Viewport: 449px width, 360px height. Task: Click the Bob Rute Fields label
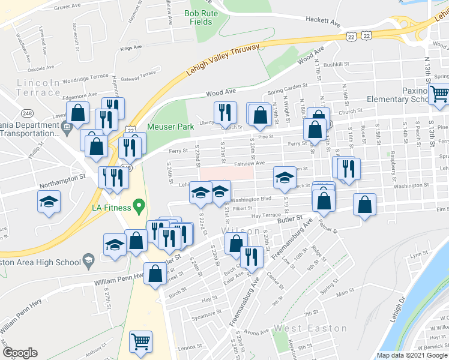(198, 17)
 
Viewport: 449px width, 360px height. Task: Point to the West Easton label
(310, 328)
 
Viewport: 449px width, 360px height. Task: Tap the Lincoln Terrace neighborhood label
(39, 87)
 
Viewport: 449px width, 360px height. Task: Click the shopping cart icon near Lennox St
(140, 343)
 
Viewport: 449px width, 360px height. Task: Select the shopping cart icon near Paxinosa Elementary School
(439, 95)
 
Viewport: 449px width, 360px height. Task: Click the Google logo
(20, 353)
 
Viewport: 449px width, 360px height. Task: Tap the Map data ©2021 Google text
(412, 355)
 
